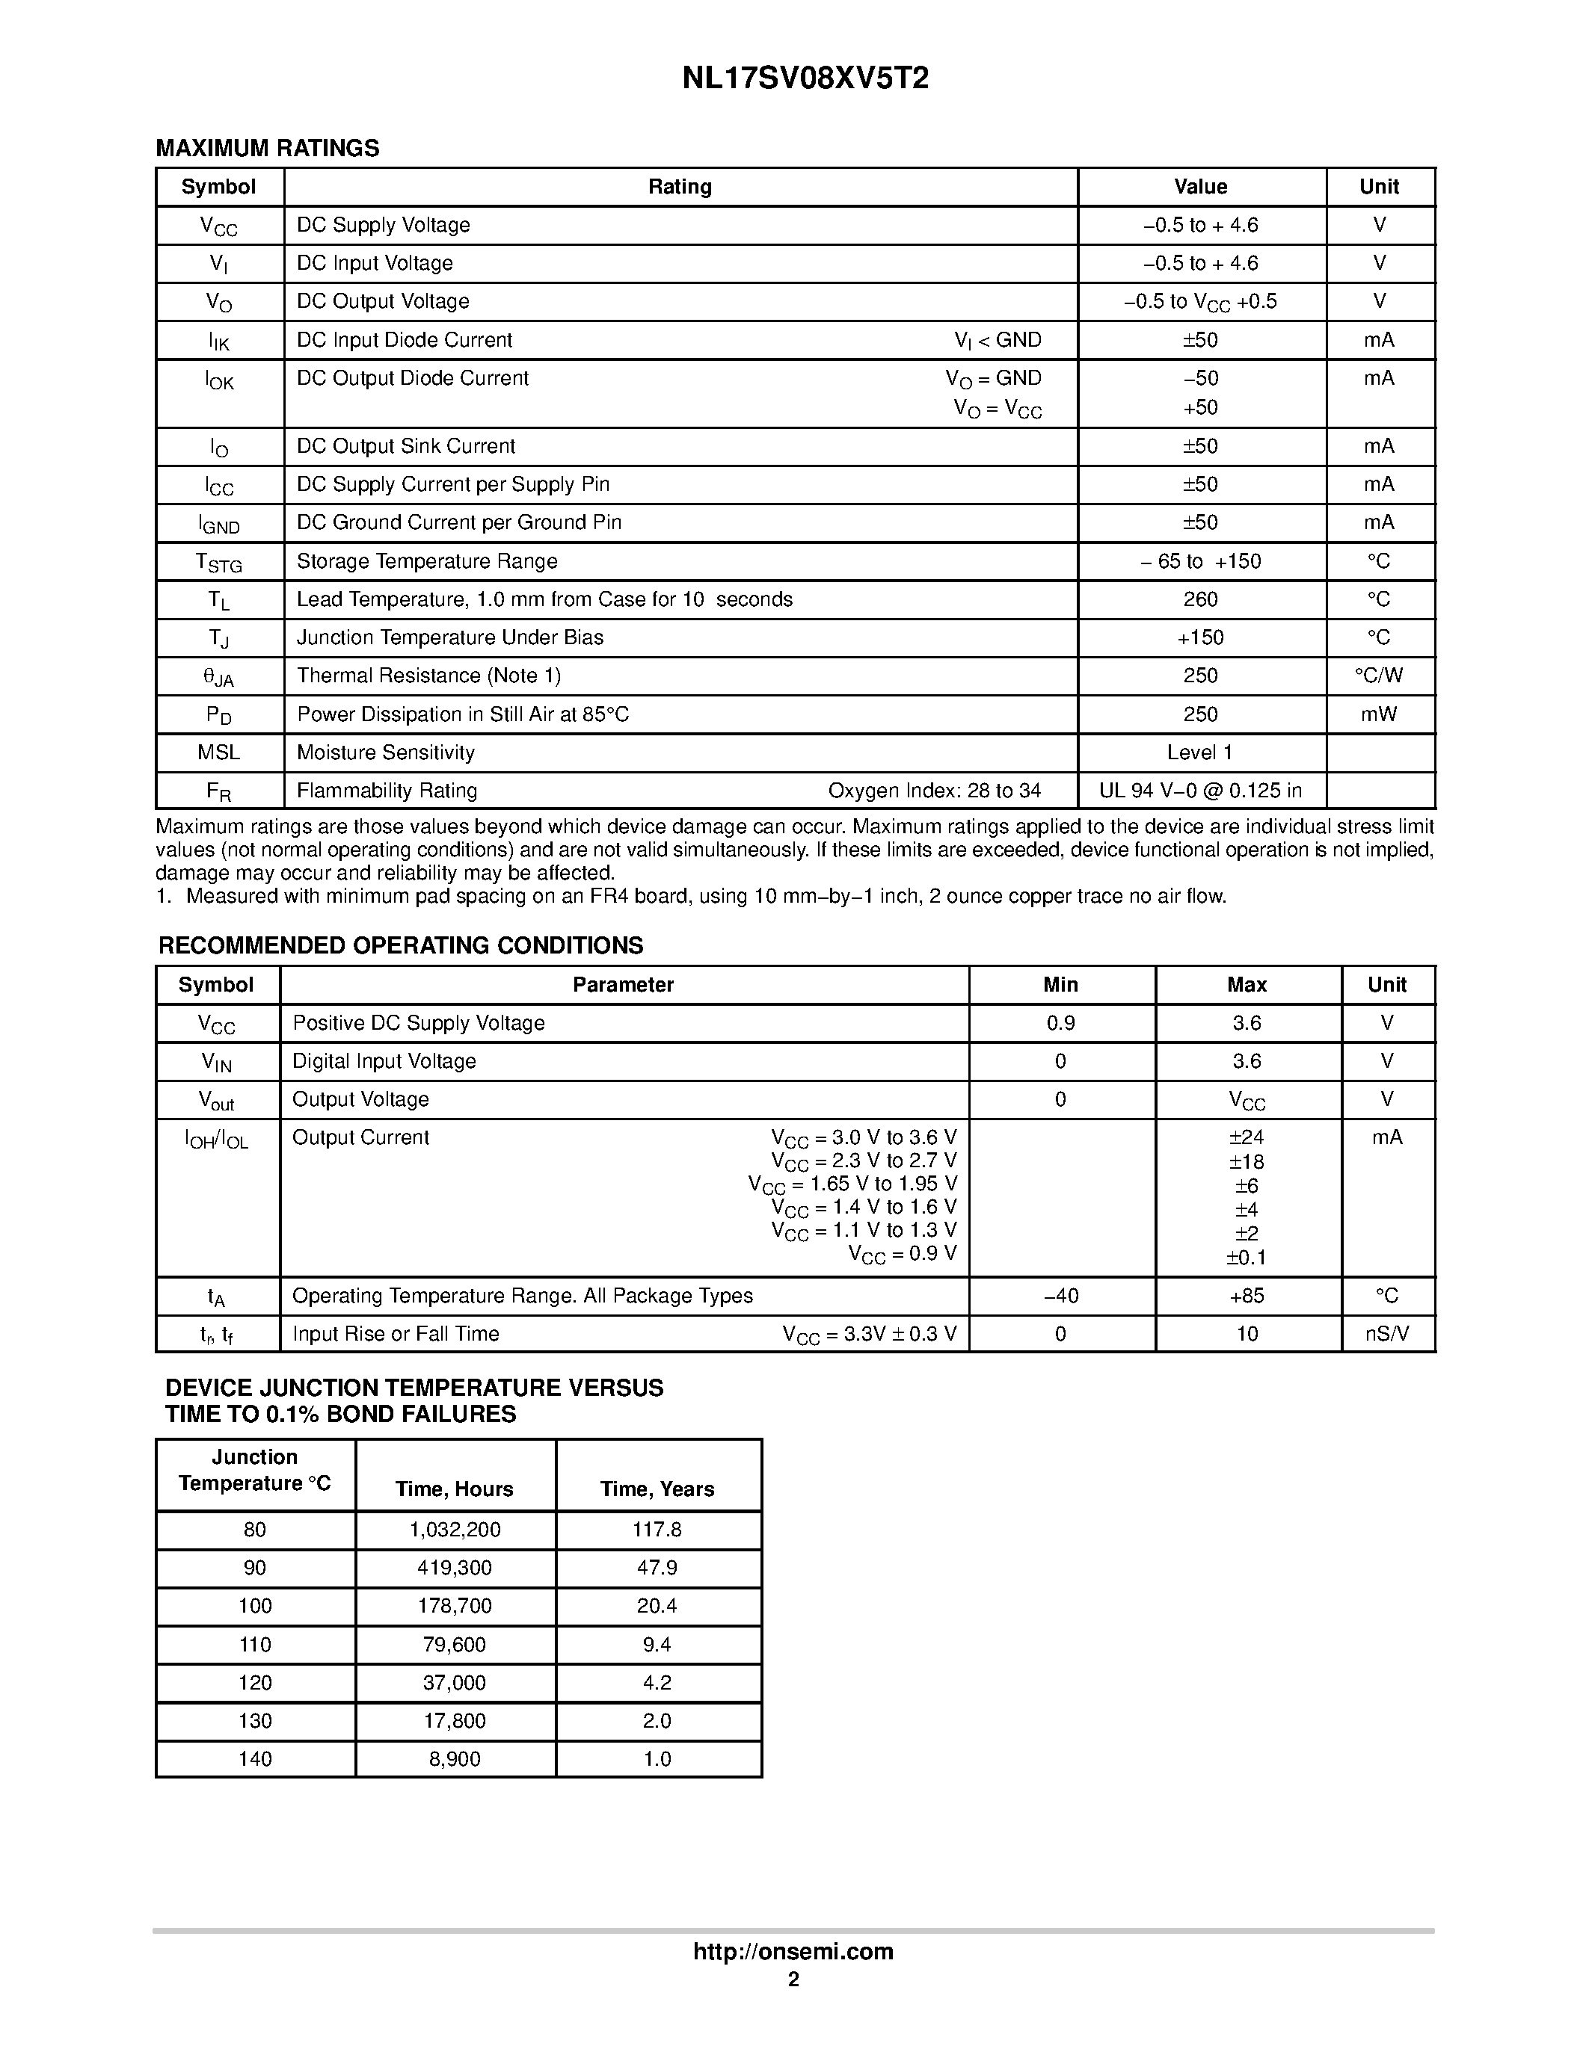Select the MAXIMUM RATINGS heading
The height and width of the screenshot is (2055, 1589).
pos(268,149)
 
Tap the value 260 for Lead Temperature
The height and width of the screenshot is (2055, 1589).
pos(1200,599)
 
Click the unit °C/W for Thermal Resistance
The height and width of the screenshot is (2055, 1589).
pos(1378,676)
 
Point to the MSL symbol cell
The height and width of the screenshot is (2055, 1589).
pos(218,753)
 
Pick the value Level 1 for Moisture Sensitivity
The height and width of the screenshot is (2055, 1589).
pos(1199,753)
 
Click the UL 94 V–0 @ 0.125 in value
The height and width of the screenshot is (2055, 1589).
pos(1200,791)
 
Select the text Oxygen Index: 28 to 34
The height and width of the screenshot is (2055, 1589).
pos(934,791)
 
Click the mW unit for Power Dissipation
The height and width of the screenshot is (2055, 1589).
pos(1378,714)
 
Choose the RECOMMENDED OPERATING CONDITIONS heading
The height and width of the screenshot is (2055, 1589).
pos(401,945)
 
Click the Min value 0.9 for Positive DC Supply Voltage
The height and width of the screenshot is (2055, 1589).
pos(1061,1023)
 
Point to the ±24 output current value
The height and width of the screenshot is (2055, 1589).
pos(1246,1137)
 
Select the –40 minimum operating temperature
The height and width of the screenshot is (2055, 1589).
pos(1061,1296)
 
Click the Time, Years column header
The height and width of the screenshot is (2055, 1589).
pos(657,1489)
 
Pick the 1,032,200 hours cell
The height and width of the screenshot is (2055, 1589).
pos(455,1530)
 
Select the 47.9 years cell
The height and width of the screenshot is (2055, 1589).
pos(657,1568)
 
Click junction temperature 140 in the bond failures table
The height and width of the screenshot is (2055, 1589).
pos(255,1758)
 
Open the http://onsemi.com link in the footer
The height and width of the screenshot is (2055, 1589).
pos(793,1951)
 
